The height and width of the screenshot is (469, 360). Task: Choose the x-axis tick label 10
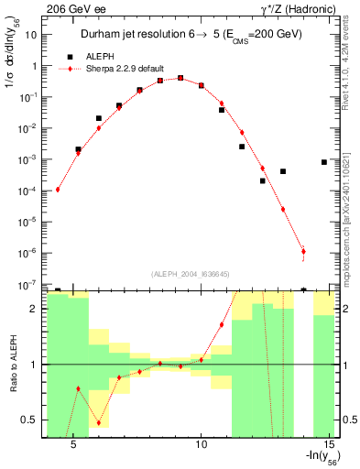[203, 443]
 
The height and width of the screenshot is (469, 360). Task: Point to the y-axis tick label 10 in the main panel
[32, 35]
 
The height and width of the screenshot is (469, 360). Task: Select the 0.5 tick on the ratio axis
[32, 420]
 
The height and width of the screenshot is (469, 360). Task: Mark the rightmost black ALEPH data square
[324, 162]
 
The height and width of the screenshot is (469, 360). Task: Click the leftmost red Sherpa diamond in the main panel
[58, 190]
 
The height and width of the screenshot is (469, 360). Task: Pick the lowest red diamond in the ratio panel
[98, 422]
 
